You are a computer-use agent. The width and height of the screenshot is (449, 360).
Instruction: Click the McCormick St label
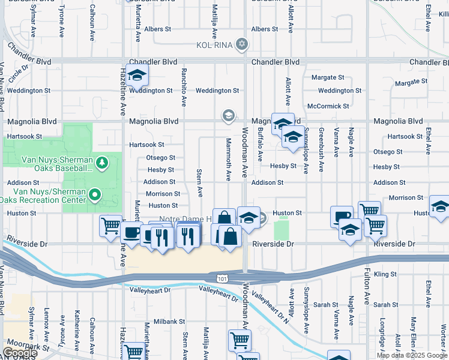[328, 106]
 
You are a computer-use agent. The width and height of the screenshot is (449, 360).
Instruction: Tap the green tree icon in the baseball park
[102, 162]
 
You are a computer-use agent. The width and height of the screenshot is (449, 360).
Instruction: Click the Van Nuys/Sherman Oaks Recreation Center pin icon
[94, 194]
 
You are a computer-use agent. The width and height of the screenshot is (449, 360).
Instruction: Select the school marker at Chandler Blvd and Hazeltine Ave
[137, 75]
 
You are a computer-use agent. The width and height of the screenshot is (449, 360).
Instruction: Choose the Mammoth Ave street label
[229, 159]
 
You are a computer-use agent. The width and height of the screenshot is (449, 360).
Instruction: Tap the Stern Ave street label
[199, 182]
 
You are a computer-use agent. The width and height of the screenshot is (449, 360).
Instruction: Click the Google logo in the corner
[19, 353]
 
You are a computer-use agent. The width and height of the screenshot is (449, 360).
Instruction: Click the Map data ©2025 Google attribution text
[412, 355]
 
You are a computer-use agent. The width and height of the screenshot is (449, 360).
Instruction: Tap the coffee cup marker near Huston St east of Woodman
[342, 216]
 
